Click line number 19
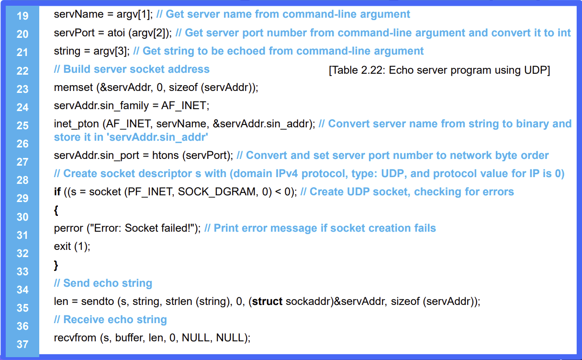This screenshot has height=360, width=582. pyautogui.click(x=22, y=16)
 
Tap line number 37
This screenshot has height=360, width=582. pyautogui.click(x=22, y=344)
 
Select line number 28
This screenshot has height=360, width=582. pyautogui.click(x=22, y=180)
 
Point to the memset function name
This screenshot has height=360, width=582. pyautogui.click(x=73, y=88)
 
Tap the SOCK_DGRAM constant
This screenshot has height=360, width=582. pyautogui.click(x=218, y=192)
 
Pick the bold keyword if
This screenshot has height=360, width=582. pyautogui.click(x=57, y=192)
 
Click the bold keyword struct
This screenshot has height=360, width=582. pyautogui.click(x=267, y=302)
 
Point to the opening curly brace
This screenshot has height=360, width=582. pyautogui.click(x=56, y=210)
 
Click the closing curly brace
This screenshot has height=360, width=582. pyautogui.click(x=56, y=265)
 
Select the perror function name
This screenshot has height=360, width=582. pyautogui.click(x=68, y=229)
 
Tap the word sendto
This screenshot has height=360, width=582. pyautogui.click(x=98, y=302)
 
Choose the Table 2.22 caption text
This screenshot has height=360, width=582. pyautogui.click(x=439, y=70)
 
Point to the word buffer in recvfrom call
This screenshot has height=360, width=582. pyautogui.click(x=130, y=338)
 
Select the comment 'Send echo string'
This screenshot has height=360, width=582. pyautogui.click(x=103, y=283)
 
